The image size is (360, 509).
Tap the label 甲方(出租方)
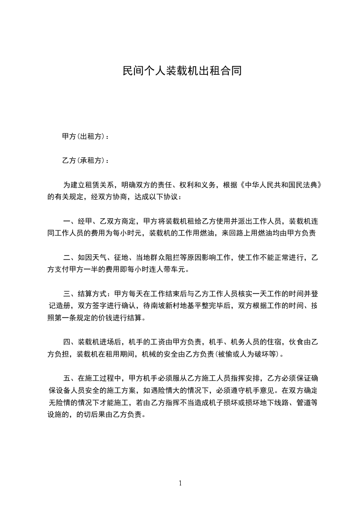click(84, 137)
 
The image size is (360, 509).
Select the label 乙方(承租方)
click(84, 161)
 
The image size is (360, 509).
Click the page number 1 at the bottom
click(180, 483)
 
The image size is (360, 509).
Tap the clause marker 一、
click(70, 222)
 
